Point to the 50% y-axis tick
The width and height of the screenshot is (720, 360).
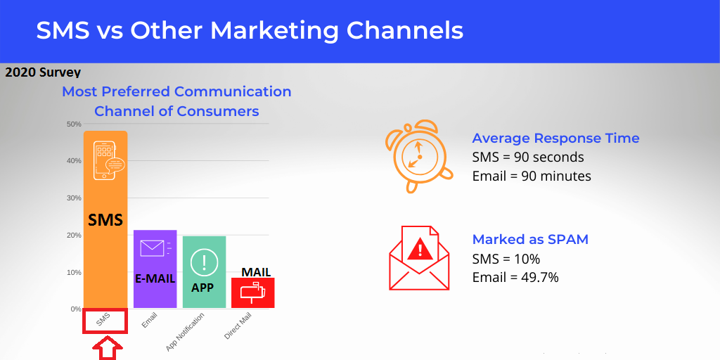pyautogui.click(x=74, y=124)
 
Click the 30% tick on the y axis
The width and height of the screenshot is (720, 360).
pyautogui.click(x=74, y=198)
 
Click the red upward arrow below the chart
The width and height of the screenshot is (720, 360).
pyautogui.click(x=108, y=349)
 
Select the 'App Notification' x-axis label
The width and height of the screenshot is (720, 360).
pyautogui.click(x=185, y=333)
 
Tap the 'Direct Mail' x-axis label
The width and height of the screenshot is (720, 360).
pyautogui.click(x=238, y=326)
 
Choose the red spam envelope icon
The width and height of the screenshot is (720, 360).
pyautogui.click(x=419, y=257)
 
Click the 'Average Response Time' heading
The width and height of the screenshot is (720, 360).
pyautogui.click(x=555, y=139)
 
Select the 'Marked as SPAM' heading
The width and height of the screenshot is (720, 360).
pyautogui.click(x=530, y=240)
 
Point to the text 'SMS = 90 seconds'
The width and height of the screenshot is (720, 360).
pyautogui.click(x=528, y=157)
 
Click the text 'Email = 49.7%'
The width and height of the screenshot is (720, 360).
pyautogui.click(x=515, y=278)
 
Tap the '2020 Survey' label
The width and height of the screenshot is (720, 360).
pyautogui.click(x=43, y=72)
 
